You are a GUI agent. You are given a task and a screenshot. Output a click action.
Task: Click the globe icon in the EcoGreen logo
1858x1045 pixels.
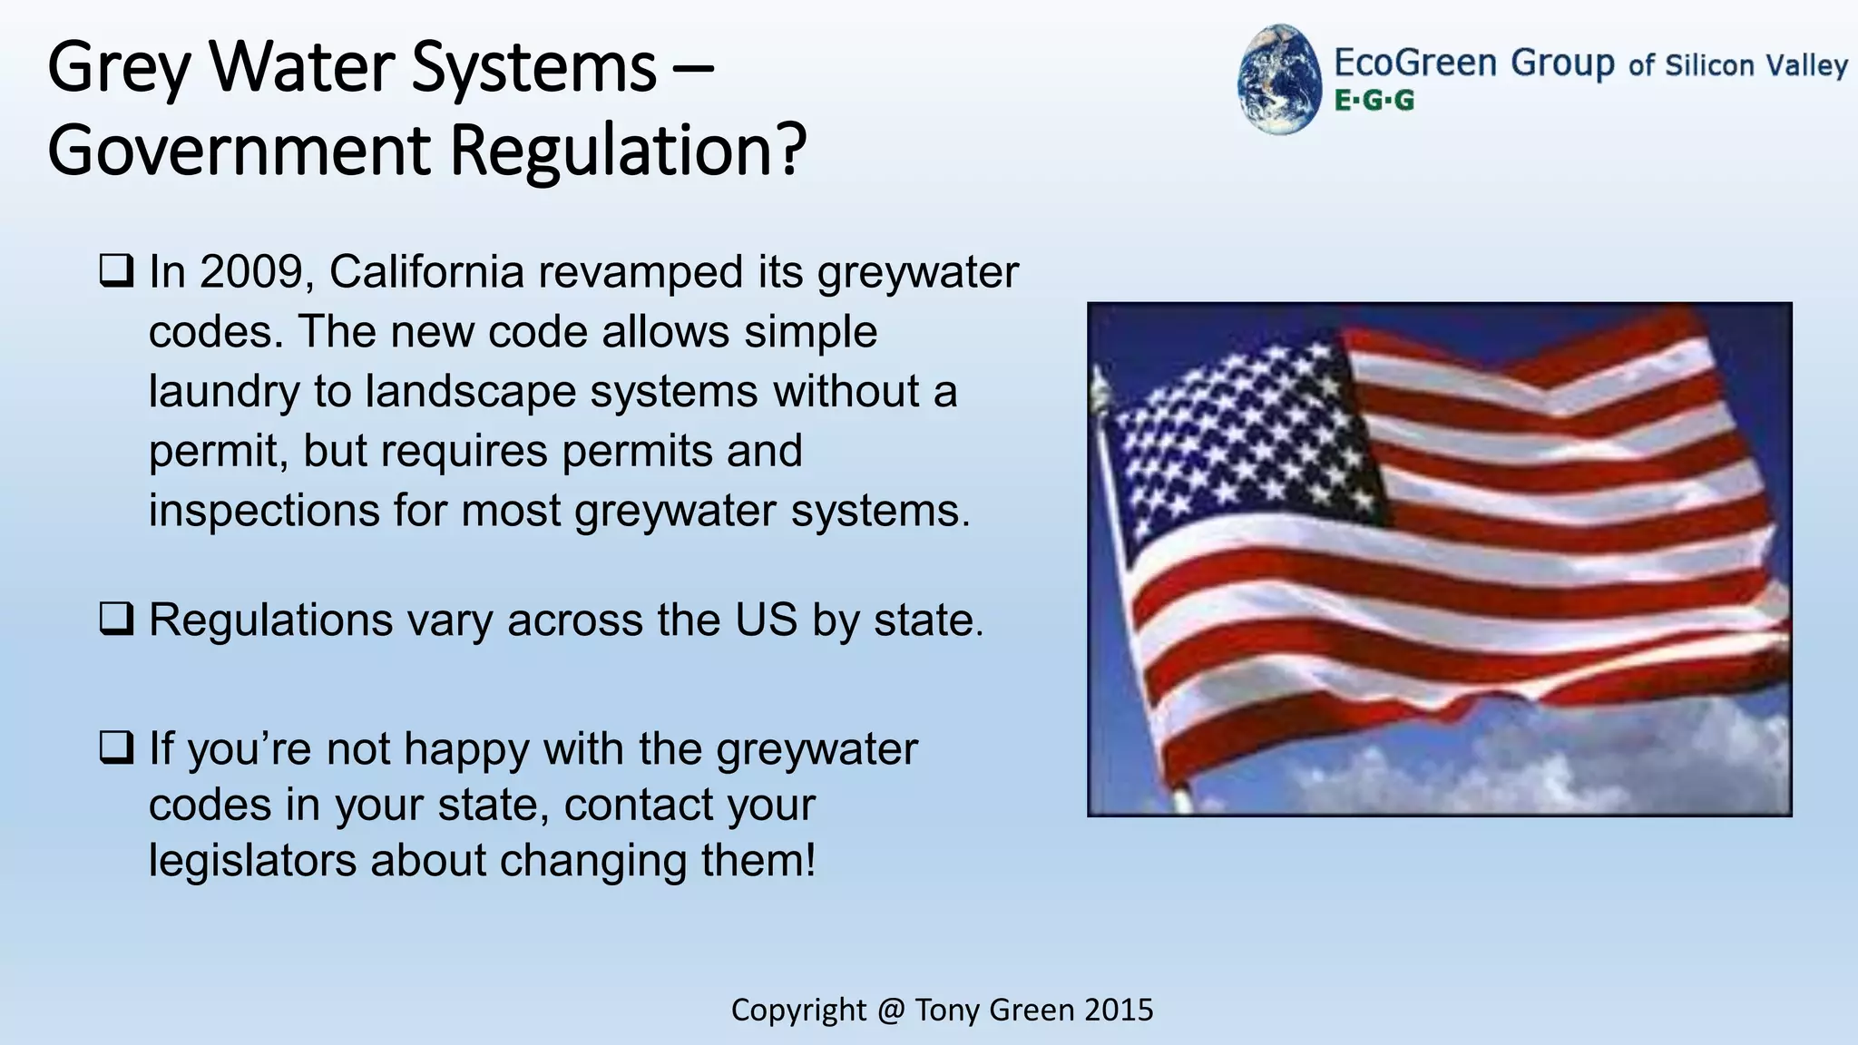pyautogui.click(x=1279, y=79)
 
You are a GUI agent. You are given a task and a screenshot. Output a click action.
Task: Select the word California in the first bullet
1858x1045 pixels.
pyautogui.click(x=426, y=272)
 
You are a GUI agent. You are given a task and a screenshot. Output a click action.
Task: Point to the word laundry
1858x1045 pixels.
pyautogui.click(x=223, y=392)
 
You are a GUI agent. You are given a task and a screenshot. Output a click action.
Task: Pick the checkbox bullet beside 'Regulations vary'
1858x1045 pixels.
pyautogui.click(x=116, y=620)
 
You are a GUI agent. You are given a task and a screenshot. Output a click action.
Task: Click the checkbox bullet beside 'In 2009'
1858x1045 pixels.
pyautogui.click(x=116, y=271)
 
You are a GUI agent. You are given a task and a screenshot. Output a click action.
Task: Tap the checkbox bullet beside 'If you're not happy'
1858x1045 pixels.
pyautogui.click(x=116, y=748)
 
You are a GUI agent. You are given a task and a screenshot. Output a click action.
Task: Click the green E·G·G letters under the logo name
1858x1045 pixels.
pyautogui.click(x=1374, y=101)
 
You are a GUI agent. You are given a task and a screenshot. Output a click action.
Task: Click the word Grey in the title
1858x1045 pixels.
pyautogui.click(x=119, y=68)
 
